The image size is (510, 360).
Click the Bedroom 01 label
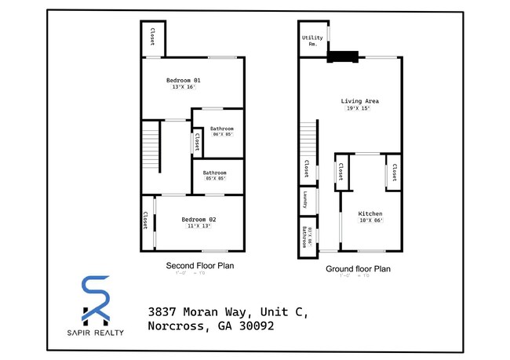pyautogui.click(x=184, y=81)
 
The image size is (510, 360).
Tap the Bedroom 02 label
pyautogui.click(x=199, y=219)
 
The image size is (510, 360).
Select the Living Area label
pyautogui.click(x=360, y=101)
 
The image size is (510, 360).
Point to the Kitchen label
pyautogui.click(x=370, y=213)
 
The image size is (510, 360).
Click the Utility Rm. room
pyautogui.click(x=312, y=40)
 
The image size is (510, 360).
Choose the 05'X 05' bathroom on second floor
pyautogui.click(x=215, y=175)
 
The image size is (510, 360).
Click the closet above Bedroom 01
pyautogui.click(x=152, y=36)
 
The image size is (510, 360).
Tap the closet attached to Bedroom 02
pyautogui.click(x=146, y=220)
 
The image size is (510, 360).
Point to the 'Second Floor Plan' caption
pyautogui.click(x=199, y=266)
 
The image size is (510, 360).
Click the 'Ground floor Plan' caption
pyautogui.click(x=358, y=268)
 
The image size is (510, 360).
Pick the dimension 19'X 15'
pyautogui.click(x=359, y=109)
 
